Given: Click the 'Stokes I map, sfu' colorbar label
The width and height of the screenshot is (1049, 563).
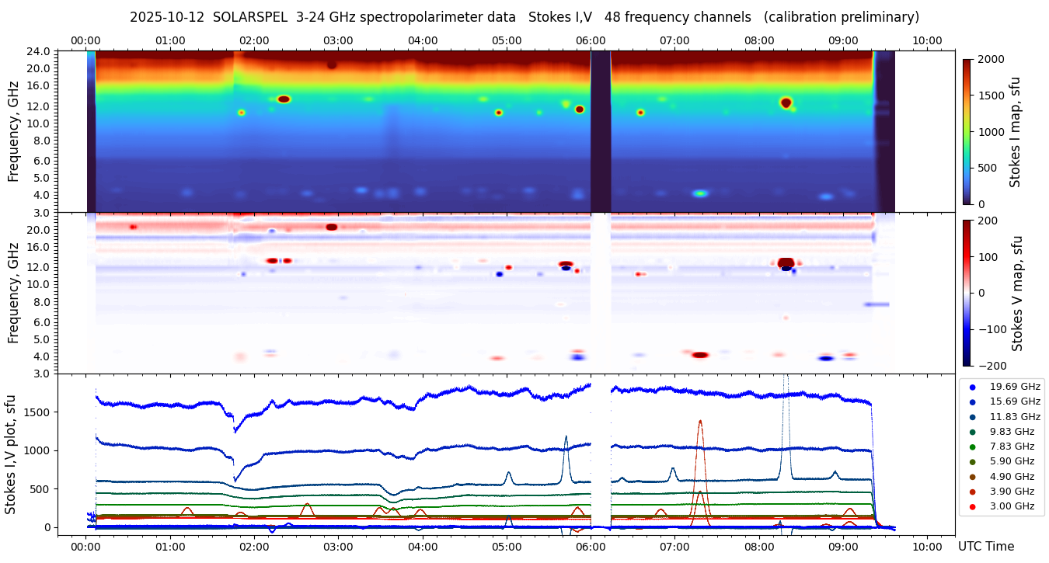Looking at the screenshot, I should pyautogui.click(x=1016, y=132).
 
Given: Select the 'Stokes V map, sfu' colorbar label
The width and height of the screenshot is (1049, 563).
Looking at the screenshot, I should pyautogui.click(x=1017, y=293).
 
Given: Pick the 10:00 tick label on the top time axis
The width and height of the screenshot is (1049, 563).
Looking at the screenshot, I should pyautogui.click(x=927, y=40).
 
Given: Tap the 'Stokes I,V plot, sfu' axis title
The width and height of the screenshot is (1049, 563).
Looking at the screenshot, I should pyautogui.click(x=11, y=454).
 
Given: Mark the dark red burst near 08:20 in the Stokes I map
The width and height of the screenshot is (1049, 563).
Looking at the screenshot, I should pyautogui.click(x=786, y=103).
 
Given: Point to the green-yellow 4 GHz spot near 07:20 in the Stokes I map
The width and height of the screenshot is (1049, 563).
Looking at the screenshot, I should pyautogui.click(x=700, y=193).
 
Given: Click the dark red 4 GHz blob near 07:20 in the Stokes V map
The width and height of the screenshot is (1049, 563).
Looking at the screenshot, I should pyautogui.click(x=700, y=355).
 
